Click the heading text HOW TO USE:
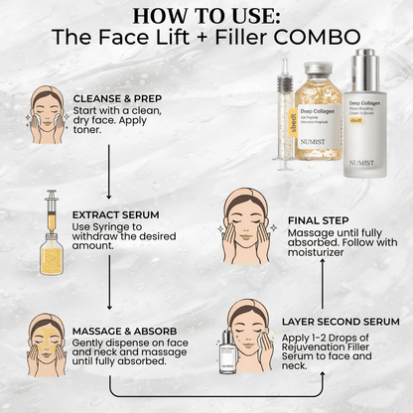[206, 16]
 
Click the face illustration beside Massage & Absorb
[46, 341]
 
